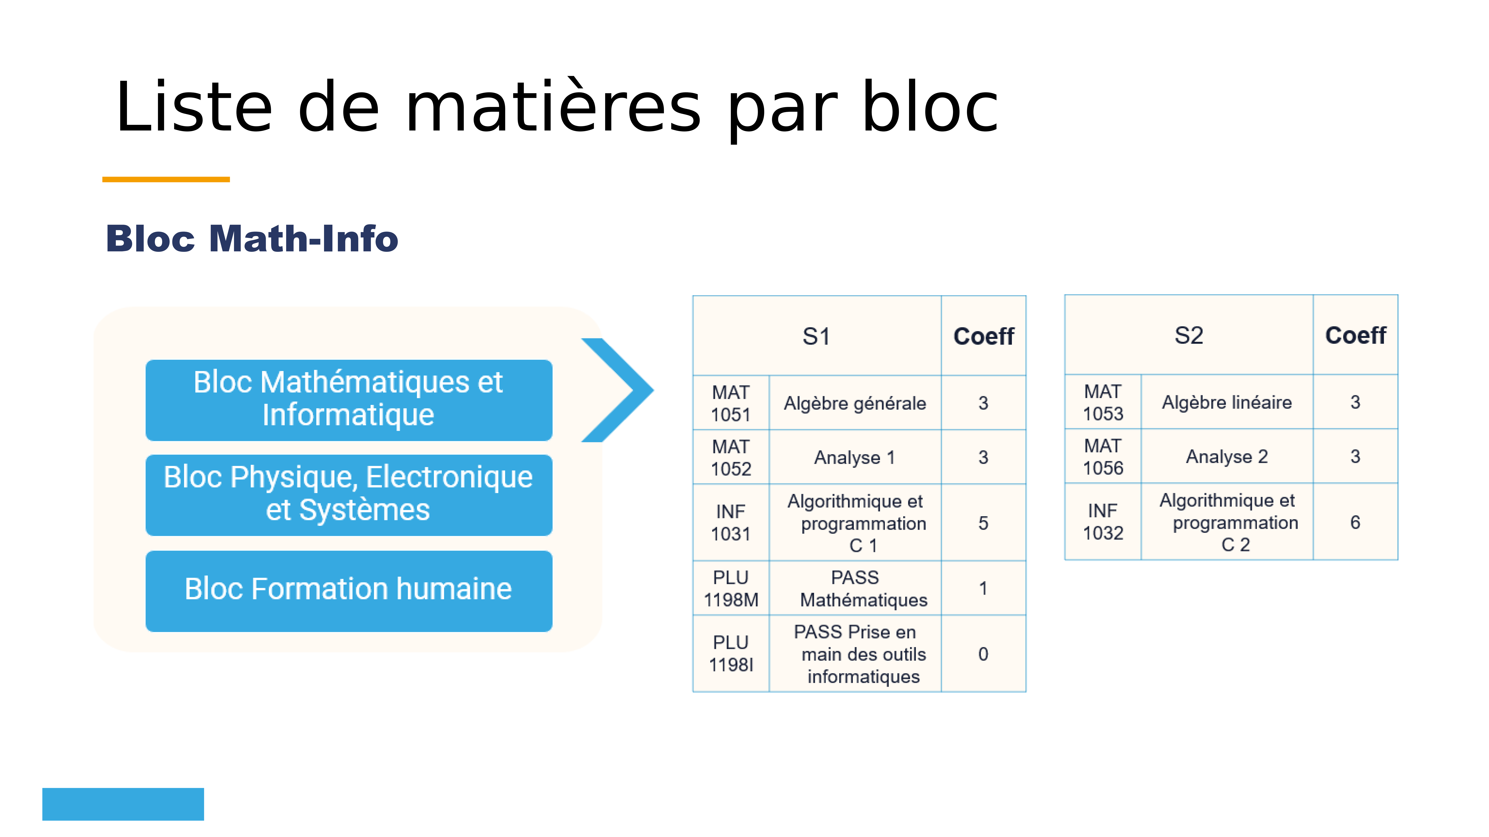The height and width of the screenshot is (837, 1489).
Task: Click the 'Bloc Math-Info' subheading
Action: tap(252, 239)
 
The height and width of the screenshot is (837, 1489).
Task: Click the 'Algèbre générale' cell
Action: tap(855, 403)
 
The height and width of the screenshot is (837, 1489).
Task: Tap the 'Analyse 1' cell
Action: tap(855, 458)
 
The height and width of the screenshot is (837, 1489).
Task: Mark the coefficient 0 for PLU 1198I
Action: tap(983, 654)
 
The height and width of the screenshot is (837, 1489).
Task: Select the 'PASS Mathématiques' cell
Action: tap(855, 588)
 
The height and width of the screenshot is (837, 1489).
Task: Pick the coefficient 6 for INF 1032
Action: tap(1356, 522)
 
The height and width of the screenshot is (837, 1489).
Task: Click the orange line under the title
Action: tap(166, 180)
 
